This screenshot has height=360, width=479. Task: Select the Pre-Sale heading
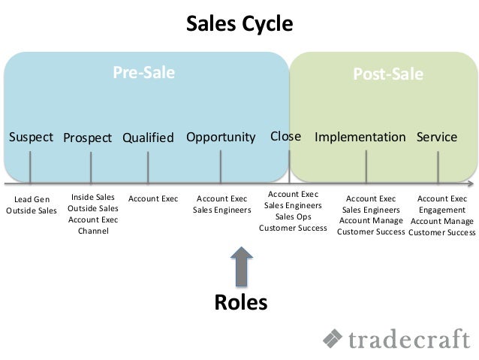tap(143, 73)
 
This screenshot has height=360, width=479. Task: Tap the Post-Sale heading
tap(388, 74)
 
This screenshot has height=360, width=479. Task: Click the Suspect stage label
tap(31, 138)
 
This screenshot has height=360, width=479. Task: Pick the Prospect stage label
tap(87, 138)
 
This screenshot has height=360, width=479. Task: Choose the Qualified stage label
tap(147, 138)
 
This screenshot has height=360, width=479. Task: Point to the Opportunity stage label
tap(221, 138)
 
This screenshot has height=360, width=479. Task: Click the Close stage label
tap(285, 137)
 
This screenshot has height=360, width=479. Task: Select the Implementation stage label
tap(360, 138)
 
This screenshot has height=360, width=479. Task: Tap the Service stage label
tap(437, 138)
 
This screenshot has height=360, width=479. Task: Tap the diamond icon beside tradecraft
tap(333, 339)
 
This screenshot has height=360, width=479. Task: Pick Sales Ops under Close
tap(293, 216)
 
